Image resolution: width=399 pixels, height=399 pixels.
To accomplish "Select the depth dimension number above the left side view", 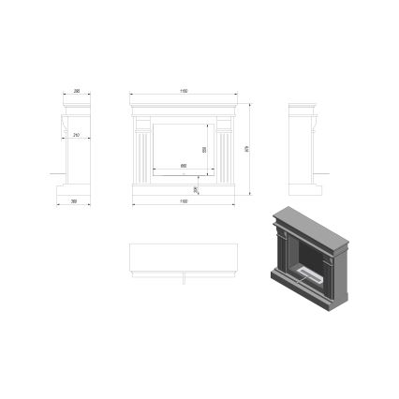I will [76, 92].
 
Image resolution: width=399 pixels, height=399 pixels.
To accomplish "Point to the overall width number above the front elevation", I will [184, 92].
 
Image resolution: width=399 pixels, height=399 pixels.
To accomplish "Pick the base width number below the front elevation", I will [184, 200].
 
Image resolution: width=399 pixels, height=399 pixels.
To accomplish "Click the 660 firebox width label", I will [183, 166].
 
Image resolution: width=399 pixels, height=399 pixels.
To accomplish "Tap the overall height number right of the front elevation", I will [247, 146].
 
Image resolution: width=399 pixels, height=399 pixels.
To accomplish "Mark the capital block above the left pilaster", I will [144, 121].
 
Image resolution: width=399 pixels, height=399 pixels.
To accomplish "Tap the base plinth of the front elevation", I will [184, 190].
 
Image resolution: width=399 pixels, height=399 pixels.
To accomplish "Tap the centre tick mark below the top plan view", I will [184, 277].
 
